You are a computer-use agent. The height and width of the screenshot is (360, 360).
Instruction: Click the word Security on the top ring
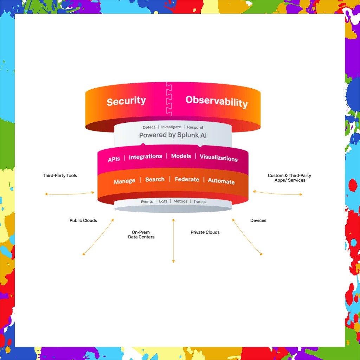click(x=126, y=101)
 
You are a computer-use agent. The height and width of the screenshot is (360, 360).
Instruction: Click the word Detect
click(x=149, y=127)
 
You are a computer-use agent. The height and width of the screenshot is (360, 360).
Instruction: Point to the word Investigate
click(x=171, y=127)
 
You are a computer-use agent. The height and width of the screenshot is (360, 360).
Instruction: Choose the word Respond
click(x=195, y=127)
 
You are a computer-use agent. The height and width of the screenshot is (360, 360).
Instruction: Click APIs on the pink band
click(x=114, y=159)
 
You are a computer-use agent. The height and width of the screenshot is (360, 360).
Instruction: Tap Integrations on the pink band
click(x=145, y=157)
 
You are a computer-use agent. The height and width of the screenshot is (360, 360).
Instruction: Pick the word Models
click(x=181, y=156)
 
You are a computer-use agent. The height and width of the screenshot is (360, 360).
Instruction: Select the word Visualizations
click(x=219, y=157)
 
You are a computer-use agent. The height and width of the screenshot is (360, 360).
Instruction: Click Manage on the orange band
click(x=124, y=181)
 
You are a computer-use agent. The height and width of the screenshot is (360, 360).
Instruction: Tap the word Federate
click(x=187, y=179)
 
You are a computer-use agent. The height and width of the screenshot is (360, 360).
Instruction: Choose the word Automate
click(x=221, y=181)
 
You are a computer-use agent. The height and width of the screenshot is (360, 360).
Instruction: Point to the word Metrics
click(x=180, y=201)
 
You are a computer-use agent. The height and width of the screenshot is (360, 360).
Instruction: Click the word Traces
click(x=199, y=202)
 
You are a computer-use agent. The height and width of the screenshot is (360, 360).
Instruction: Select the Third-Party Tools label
click(x=60, y=175)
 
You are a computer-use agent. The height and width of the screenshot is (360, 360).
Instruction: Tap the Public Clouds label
click(x=83, y=220)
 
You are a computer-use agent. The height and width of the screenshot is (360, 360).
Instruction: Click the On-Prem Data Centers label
click(x=141, y=234)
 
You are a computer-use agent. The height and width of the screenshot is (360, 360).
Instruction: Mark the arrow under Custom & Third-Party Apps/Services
click(x=277, y=193)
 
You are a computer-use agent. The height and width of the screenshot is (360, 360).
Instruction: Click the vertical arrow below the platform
click(x=173, y=240)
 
